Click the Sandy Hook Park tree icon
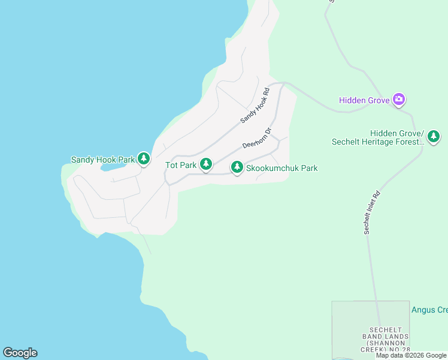point(143,158)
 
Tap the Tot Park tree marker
point(206,164)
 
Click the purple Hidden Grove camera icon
point(399,100)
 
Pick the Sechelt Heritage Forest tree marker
point(434,137)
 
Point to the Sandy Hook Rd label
point(256,105)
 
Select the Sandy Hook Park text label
point(103,160)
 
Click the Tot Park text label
point(181,164)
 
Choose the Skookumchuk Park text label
point(282,169)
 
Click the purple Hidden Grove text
point(365,100)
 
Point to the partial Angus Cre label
point(429,310)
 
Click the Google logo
point(20,353)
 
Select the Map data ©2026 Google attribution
point(411,355)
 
